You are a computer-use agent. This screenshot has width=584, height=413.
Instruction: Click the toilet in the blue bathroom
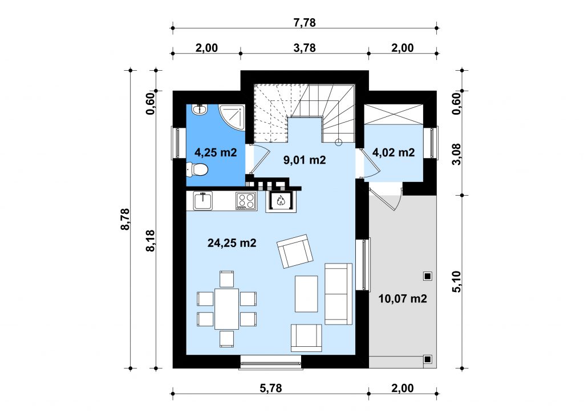point(197,170)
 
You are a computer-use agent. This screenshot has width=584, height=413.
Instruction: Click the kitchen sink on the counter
point(202,201)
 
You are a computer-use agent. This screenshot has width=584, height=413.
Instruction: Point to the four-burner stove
point(246,201)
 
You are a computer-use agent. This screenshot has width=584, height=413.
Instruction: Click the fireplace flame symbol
point(281,201)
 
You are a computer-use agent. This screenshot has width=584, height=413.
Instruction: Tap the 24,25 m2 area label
point(232,243)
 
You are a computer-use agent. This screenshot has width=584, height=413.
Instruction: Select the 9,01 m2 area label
point(305,160)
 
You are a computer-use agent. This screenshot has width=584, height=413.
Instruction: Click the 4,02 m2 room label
point(394,152)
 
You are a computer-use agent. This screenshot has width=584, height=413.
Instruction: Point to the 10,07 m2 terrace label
point(403,299)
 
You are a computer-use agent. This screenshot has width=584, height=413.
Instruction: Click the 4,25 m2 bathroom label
point(216,152)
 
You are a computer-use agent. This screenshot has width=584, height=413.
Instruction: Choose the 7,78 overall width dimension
point(305,23)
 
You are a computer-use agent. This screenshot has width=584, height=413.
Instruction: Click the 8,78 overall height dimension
point(125,219)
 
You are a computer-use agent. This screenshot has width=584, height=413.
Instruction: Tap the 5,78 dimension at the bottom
point(271,388)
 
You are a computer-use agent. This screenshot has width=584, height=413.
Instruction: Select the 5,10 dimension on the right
point(457,282)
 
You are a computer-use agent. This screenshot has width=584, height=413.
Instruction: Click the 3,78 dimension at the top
point(305,48)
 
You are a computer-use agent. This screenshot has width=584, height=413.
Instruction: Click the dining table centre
point(226,309)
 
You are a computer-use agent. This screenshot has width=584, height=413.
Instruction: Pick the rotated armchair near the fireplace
point(295,252)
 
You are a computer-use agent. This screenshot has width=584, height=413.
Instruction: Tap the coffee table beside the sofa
point(306,294)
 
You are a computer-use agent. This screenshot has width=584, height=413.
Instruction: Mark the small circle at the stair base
point(338,142)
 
